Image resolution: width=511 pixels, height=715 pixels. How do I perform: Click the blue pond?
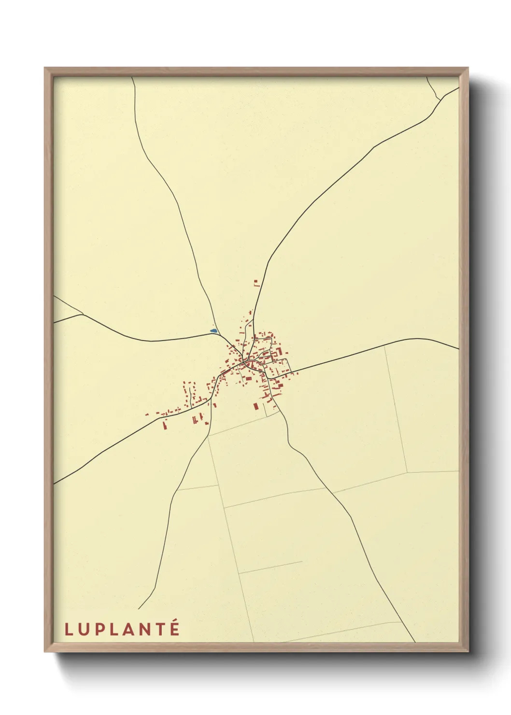pyautogui.click(x=213, y=331)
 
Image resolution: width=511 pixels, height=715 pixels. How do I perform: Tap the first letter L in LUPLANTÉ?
pyautogui.click(x=69, y=629)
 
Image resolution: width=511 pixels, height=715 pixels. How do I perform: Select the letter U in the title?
pyautogui.click(x=85, y=629)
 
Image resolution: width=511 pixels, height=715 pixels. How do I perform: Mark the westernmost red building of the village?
pyautogui.click(x=147, y=415)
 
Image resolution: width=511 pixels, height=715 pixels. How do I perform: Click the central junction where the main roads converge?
pyautogui.click(x=246, y=361)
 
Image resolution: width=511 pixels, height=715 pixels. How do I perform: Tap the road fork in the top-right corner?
pyautogui.click(x=440, y=99)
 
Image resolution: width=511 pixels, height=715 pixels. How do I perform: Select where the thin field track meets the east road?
pyautogui.click(x=384, y=347)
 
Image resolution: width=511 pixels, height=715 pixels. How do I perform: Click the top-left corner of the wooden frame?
pyautogui.click(x=45, y=68)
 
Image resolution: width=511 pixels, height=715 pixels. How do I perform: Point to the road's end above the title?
pyautogui.click(x=139, y=609)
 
